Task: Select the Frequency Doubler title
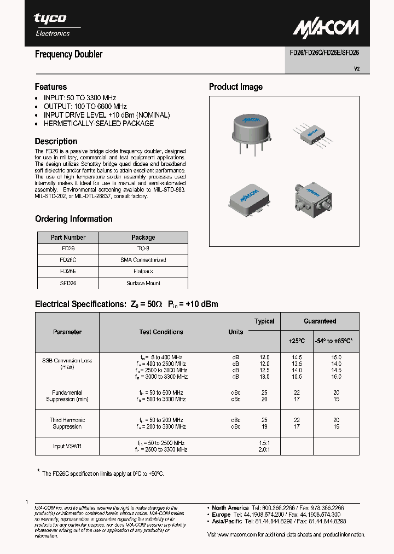coord(68,54)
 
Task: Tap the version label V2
coord(356,69)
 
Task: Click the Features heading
coord(51,86)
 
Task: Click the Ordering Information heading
coord(73,219)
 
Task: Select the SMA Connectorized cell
coord(143,260)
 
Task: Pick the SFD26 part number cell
coord(68,283)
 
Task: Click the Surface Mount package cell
coord(143,283)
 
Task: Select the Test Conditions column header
coord(161,332)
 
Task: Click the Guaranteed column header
coord(320,321)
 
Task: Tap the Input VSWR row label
coord(67,446)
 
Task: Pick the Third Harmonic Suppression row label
coord(67,423)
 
